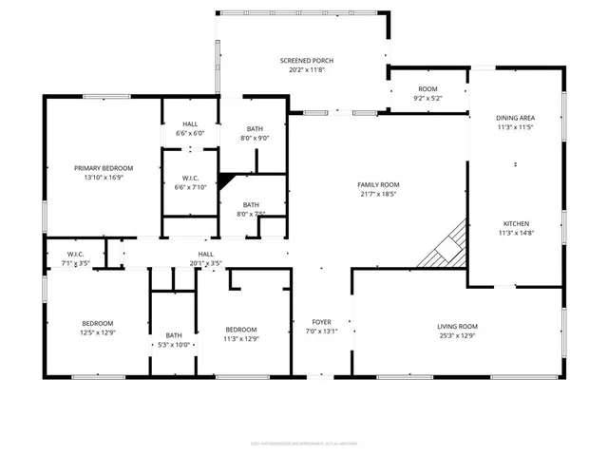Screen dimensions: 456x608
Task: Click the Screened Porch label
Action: (305, 61)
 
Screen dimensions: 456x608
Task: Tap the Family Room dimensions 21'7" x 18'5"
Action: (378, 195)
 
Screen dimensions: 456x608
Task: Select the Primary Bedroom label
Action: (104, 168)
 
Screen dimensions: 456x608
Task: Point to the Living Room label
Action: (457, 325)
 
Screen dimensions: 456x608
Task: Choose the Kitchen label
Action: (516, 224)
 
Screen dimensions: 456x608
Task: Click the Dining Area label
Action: (515, 118)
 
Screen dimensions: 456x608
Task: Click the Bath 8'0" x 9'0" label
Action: (255, 129)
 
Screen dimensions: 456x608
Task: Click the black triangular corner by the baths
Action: (226, 180)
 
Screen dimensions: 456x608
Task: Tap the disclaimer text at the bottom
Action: (304, 442)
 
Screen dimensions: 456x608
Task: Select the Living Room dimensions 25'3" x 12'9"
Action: (457, 335)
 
